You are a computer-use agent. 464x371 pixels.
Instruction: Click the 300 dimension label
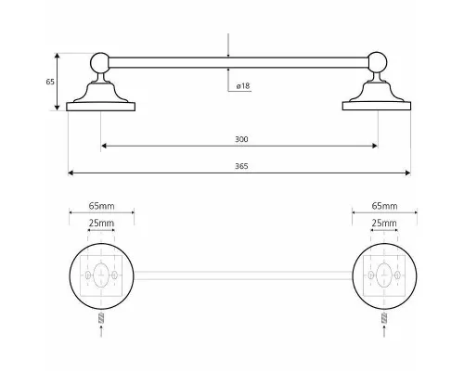[241, 139]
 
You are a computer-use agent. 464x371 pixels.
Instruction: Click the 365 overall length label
[241, 166]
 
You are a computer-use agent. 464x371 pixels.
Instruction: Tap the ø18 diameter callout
[243, 86]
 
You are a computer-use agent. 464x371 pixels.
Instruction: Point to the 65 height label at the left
[50, 82]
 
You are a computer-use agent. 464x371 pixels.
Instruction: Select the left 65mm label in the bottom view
[101, 206]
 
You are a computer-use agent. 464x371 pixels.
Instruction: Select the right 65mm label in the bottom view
[384, 206]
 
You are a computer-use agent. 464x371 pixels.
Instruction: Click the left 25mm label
[101, 223]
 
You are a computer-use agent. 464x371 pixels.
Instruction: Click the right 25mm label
[384, 223]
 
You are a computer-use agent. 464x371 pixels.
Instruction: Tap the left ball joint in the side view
[100, 63]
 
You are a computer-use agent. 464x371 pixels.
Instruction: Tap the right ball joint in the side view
[377, 62]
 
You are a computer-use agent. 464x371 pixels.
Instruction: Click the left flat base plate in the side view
[101, 107]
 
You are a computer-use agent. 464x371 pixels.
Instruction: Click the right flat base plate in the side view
[377, 106]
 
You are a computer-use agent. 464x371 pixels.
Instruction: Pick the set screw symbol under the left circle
[101, 318]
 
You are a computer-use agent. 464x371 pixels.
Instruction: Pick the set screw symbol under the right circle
[384, 318]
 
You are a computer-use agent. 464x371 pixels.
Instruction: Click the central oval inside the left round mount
[101, 275]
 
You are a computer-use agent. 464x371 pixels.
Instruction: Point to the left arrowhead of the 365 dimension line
[71, 173]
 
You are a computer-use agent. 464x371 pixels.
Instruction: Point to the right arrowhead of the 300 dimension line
[375, 146]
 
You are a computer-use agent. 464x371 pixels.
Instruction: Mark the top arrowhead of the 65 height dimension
[57, 56]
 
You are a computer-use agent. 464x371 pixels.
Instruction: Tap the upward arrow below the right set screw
[384, 331]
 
